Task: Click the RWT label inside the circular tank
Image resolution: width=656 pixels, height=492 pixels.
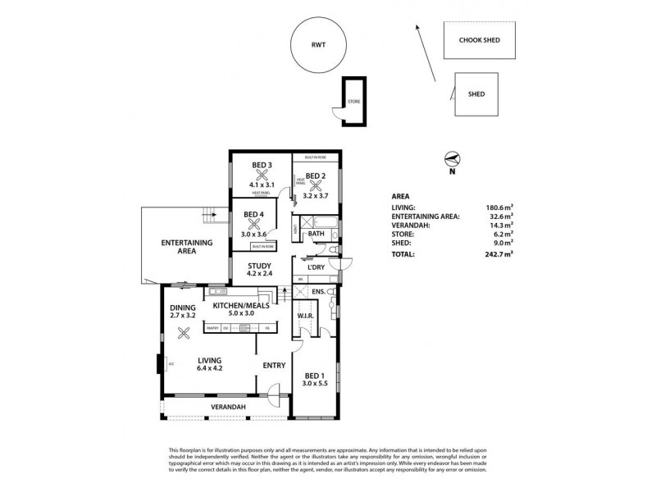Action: click(319, 46)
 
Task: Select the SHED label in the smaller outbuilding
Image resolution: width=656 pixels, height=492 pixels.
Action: click(476, 94)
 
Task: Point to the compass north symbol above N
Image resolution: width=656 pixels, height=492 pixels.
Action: click(450, 159)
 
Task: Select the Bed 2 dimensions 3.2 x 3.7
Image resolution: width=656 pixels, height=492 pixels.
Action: click(317, 196)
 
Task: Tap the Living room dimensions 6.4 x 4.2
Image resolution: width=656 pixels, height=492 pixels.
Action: click(211, 368)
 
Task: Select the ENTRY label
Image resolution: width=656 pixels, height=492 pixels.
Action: click(273, 366)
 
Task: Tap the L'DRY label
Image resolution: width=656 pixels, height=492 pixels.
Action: click(316, 268)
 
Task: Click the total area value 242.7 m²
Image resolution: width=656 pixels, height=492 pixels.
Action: click(499, 254)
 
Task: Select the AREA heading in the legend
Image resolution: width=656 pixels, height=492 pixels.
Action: click(401, 197)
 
